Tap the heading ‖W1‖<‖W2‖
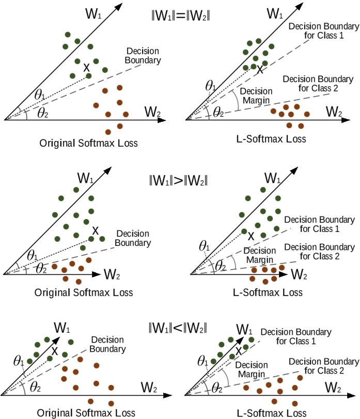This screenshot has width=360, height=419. pyautogui.click(x=178, y=328)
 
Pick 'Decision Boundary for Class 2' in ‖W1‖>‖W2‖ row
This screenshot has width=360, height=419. pyautogui.click(x=315, y=252)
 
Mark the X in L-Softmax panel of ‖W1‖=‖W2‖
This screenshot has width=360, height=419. pyautogui.click(x=260, y=69)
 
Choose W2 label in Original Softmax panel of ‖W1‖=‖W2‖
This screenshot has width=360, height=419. pyautogui.click(x=153, y=111)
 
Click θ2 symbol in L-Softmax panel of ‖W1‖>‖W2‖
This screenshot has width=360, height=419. pyautogui.click(x=221, y=266)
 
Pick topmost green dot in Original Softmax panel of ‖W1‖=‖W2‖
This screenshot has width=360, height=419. pyautogui.click(x=68, y=35)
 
